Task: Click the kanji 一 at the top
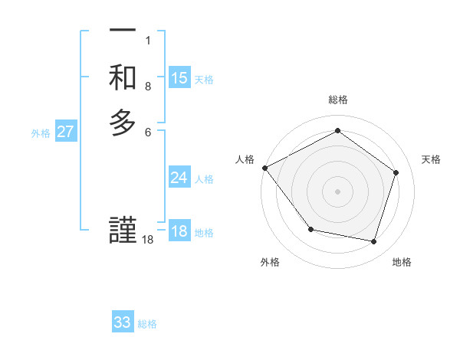(x=123, y=31)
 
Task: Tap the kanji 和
(x=123, y=77)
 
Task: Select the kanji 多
(x=123, y=123)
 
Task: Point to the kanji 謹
(x=123, y=231)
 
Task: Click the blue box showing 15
(x=179, y=78)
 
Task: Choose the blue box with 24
(x=179, y=178)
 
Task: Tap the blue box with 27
(x=66, y=132)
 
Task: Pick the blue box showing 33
(x=123, y=322)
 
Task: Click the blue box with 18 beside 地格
(x=179, y=231)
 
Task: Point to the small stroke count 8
(x=148, y=87)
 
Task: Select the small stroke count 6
(x=148, y=132)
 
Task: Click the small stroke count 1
(x=148, y=40)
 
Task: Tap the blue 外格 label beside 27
(x=41, y=133)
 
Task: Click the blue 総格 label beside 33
(x=147, y=323)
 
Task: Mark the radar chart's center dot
(x=337, y=191)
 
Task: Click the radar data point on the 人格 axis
(x=264, y=167)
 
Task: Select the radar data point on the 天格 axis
(x=396, y=172)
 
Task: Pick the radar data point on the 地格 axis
(x=373, y=241)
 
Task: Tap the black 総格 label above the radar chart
(x=337, y=100)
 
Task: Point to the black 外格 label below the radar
(x=270, y=263)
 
